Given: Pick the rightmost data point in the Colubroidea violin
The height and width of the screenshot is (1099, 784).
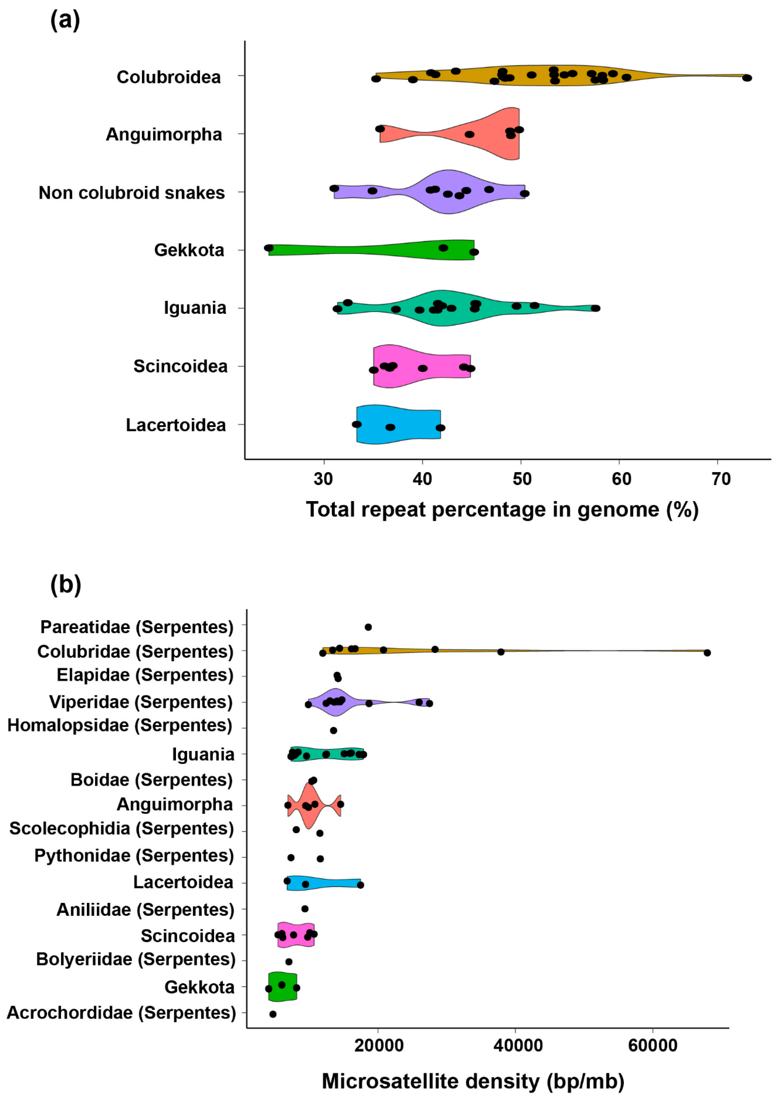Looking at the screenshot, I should [x=747, y=78].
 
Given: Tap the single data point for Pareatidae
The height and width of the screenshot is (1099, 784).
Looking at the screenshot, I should [x=368, y=627].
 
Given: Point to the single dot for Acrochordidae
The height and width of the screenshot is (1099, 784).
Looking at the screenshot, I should [x=273, y=1014].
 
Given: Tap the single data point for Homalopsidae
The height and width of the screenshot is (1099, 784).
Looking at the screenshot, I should [x=333, y=730].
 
